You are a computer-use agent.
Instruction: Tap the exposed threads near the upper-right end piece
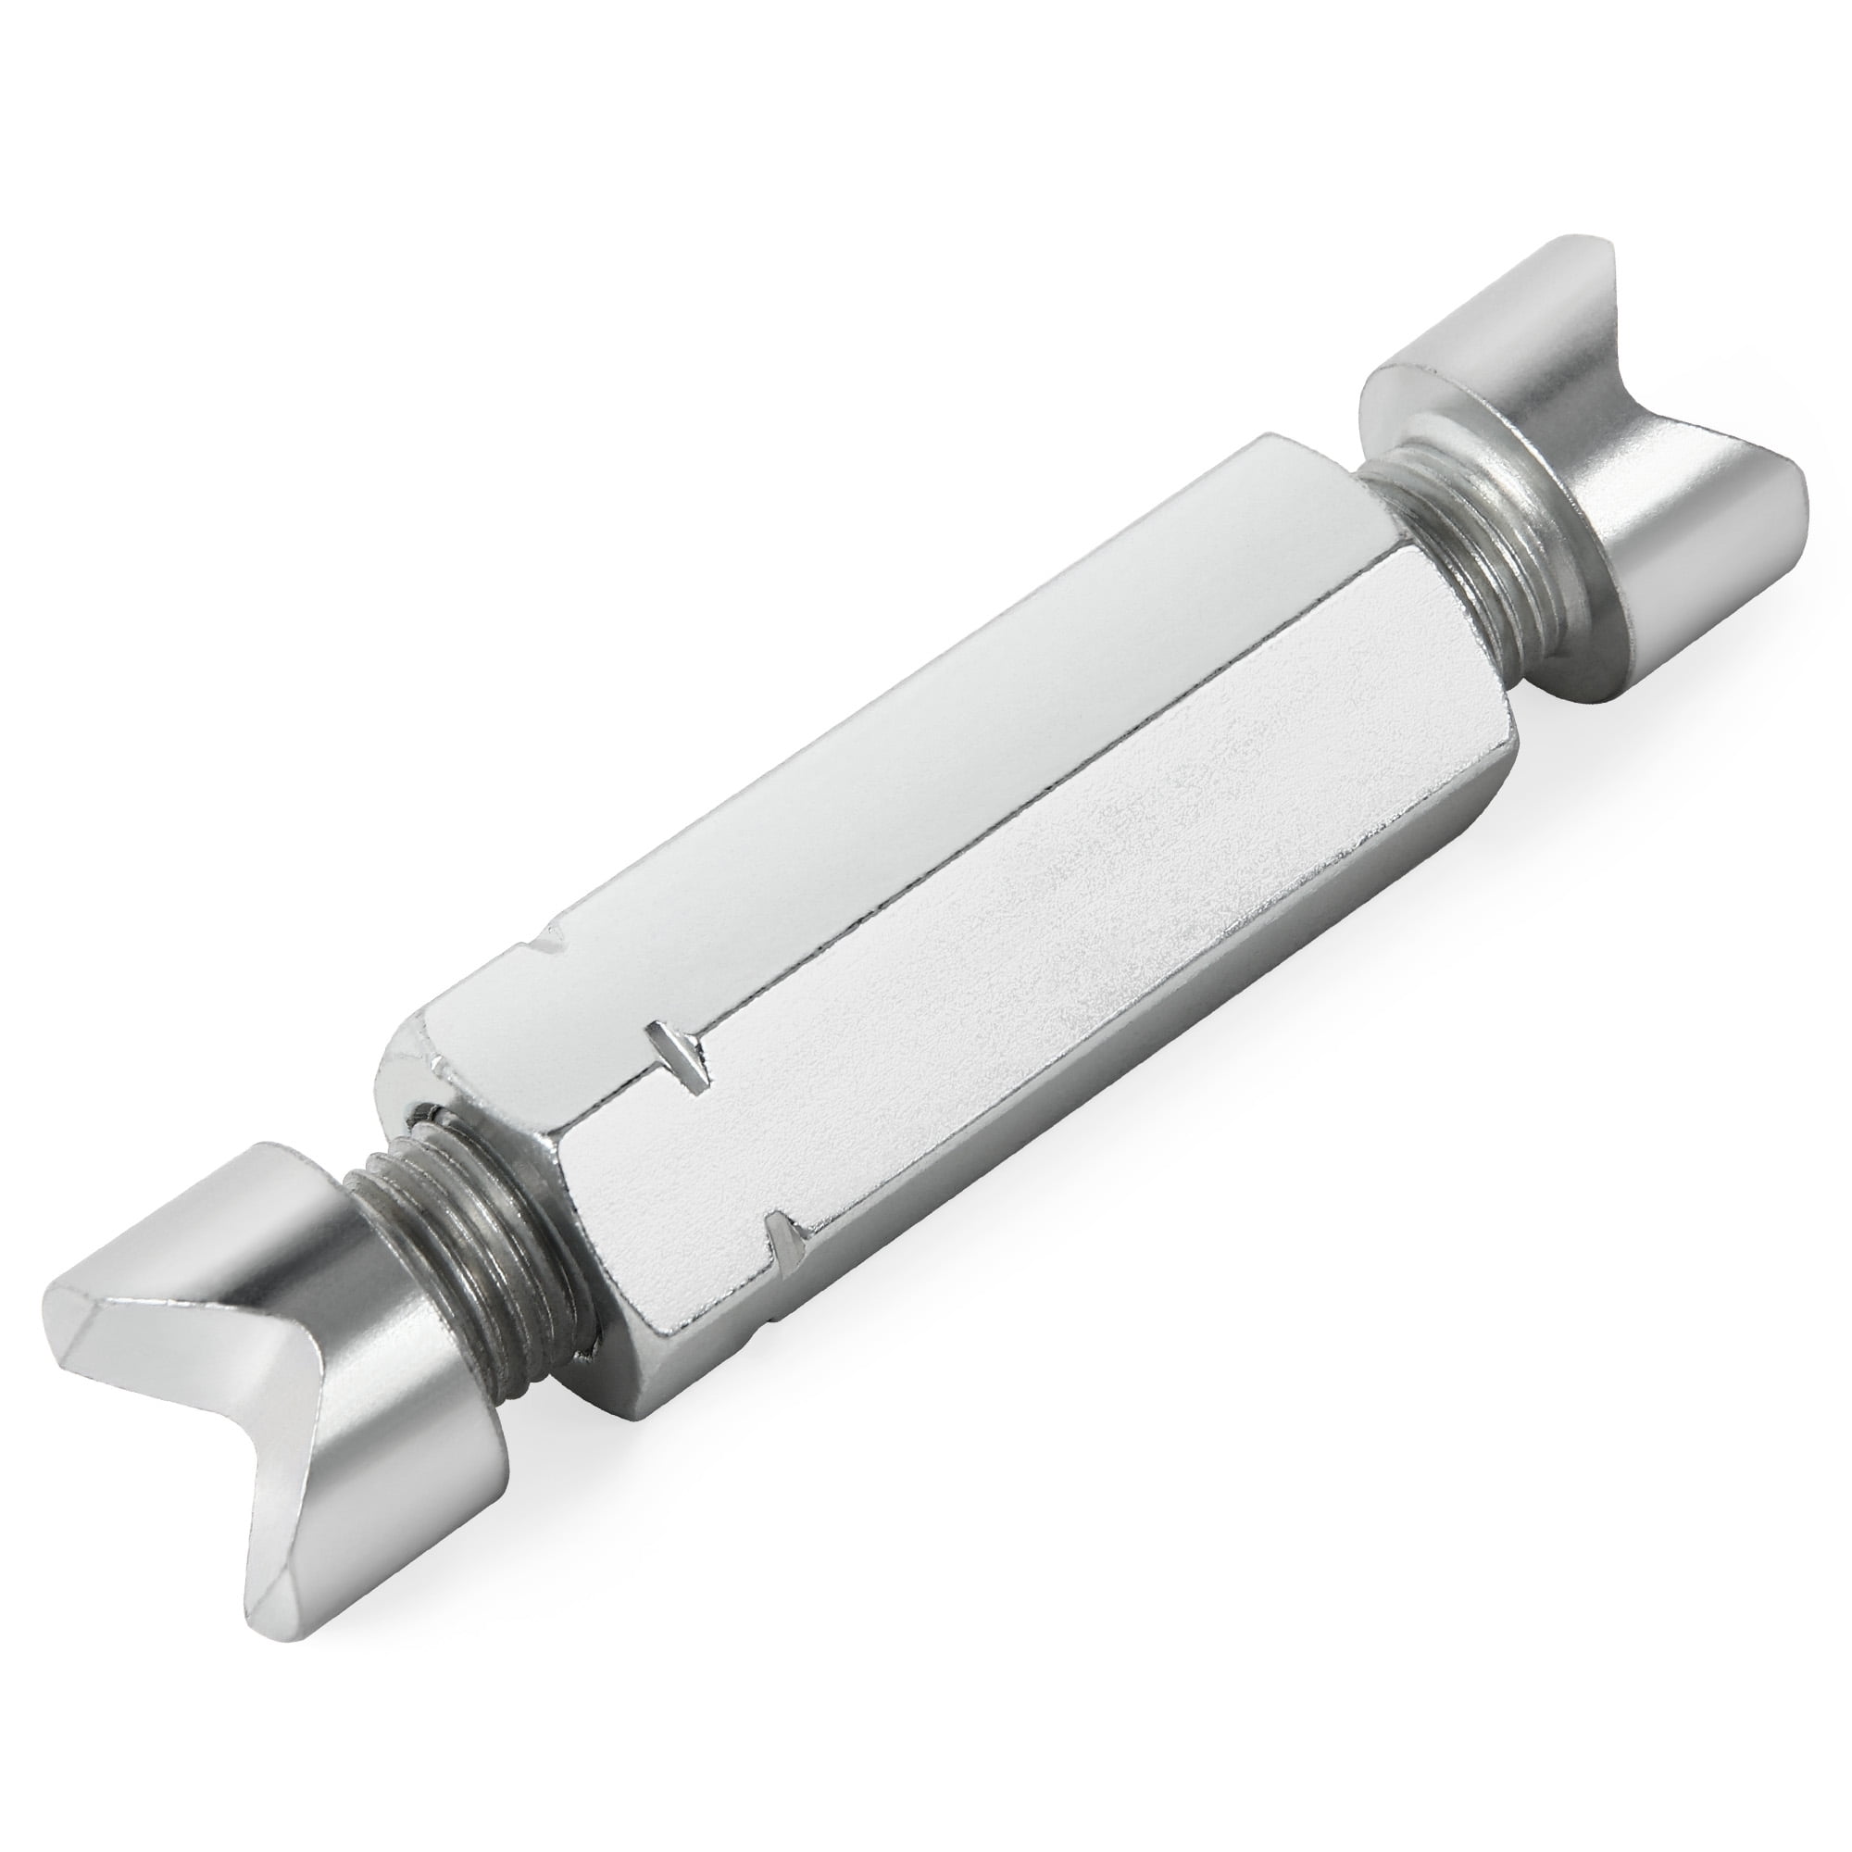[1438, 556]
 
